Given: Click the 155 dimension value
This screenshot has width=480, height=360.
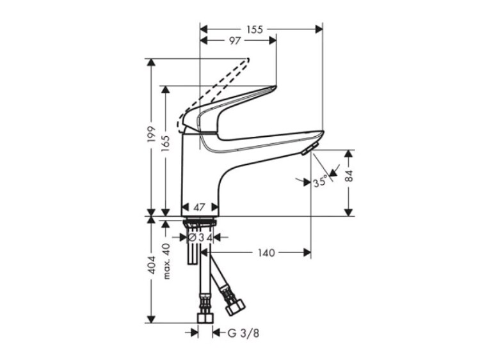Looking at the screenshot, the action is coord(255,29).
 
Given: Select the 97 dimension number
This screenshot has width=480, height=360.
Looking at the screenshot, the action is coord(234,41).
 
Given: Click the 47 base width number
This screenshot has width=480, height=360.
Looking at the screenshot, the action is coord(199,207).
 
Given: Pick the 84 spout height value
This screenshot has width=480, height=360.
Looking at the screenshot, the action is coord(349,176).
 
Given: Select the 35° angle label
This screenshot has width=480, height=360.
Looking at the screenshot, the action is coord(320,183).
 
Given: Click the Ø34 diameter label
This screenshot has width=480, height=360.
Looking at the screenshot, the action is coord(200,237).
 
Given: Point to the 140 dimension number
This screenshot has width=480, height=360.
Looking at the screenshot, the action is coord(266,253).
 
